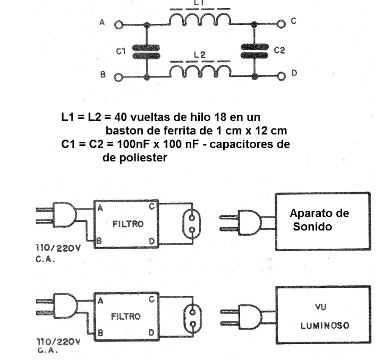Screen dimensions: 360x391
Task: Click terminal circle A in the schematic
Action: coord(118,24)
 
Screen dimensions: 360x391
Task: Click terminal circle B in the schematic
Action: coord(118,78)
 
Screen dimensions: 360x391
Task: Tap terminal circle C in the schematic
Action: coord(281,24)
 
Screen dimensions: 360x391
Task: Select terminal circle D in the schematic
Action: coord(281,76)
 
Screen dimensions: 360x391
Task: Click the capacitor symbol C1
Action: coord(145,51)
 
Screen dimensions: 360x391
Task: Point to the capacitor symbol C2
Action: coord(254,50)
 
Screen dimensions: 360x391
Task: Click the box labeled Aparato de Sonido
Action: coord(322,218)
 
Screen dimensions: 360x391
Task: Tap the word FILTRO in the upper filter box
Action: coord(128,224)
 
